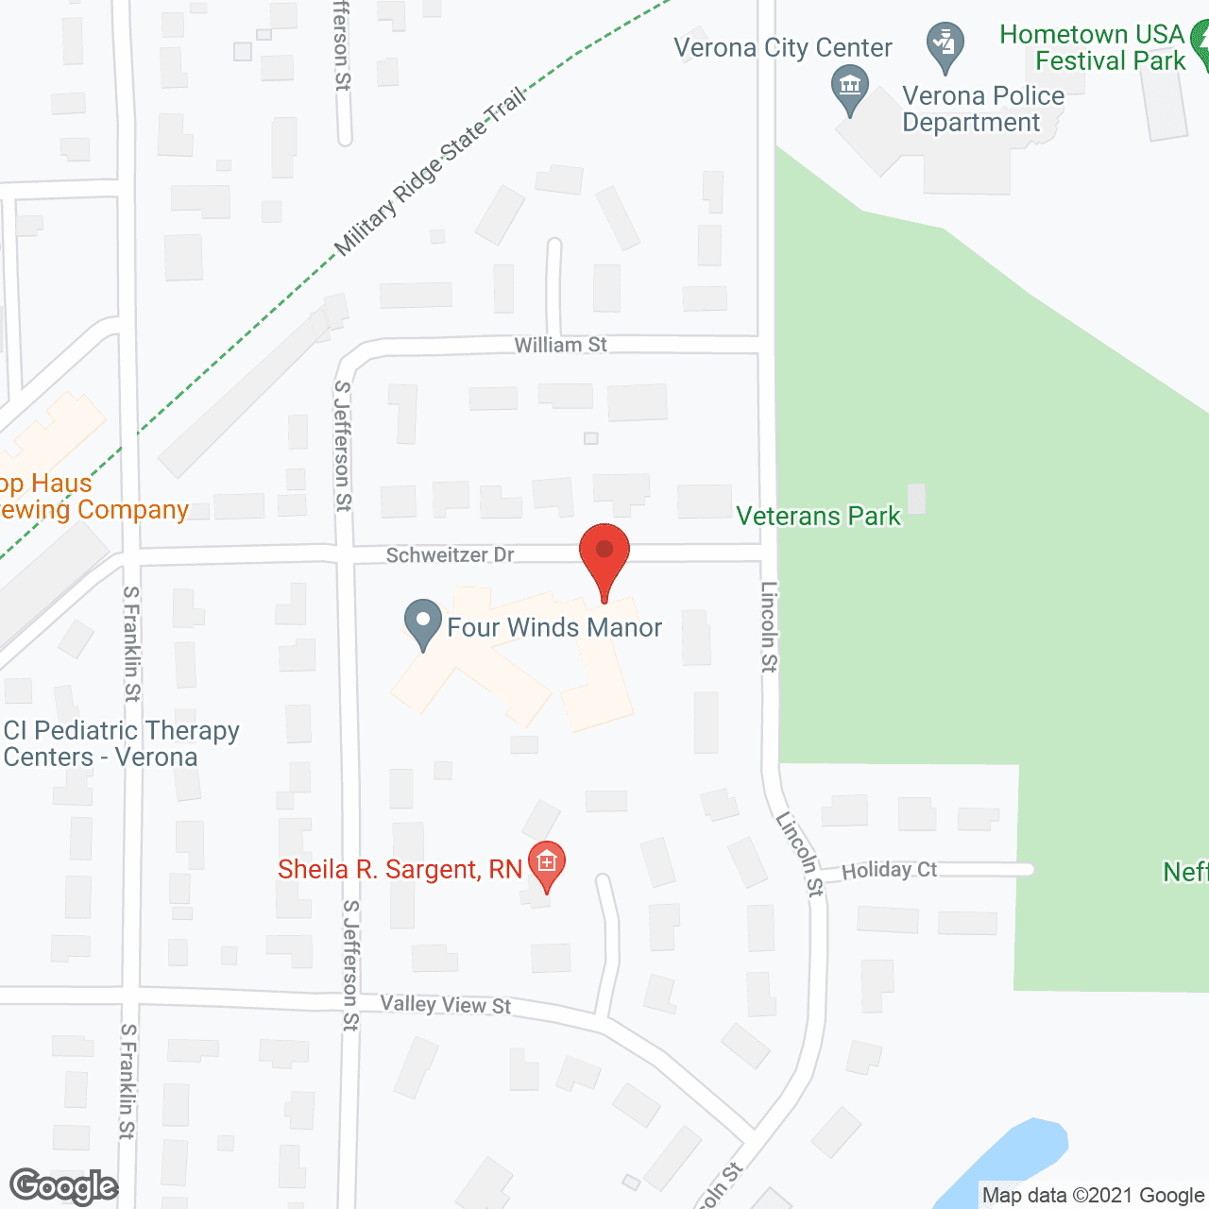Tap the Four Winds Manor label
(x=554, y=628)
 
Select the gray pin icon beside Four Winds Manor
(x=422, y=623)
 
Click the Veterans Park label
(x=818, y=517)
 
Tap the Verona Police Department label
(x=982, y=110)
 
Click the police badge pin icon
(x=945, y=45)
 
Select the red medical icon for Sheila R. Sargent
(x=546, y=863)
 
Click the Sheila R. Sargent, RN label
(x=400, y=869)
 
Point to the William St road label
(x=560, y=346)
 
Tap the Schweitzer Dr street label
(x=450, y=555)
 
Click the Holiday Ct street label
(x=889, y=870)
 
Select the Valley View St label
(x=445, y=1005)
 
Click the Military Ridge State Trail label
(x=431, y=172)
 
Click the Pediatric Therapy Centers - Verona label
(x=121, y=744)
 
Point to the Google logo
(x=63, y=1186)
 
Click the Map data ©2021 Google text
(x=1093, y=1196)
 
